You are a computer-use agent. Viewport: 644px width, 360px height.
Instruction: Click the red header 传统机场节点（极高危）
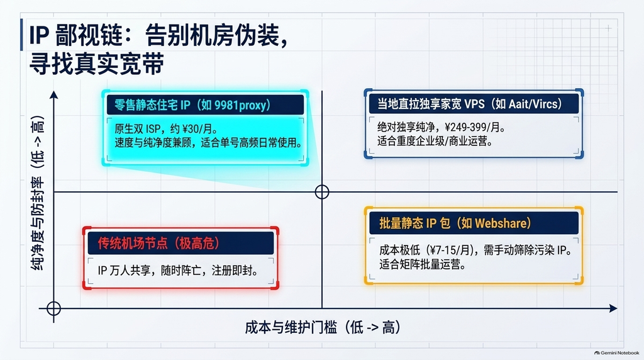click(x=159, y=244)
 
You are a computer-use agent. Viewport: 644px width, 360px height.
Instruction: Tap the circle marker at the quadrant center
click(x=322, y=192)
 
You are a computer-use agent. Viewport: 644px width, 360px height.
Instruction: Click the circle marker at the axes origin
click(x=54, y=308)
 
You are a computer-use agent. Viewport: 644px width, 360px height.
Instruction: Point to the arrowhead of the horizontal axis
click(x=613, y=308)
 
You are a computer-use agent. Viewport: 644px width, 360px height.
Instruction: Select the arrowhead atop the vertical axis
click(x=54, y=95)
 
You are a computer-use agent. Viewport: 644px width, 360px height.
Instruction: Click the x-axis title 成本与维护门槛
click(x=291, y=327)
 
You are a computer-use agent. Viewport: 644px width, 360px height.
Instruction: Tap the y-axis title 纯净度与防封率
click(x=37, y=224)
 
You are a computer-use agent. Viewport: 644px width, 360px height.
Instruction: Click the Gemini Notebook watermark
click(x=616, y=353)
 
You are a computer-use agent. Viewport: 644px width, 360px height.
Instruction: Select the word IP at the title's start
click(x=40, y=35)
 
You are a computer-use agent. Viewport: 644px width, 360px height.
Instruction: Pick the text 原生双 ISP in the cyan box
click(x=138, y=129)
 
